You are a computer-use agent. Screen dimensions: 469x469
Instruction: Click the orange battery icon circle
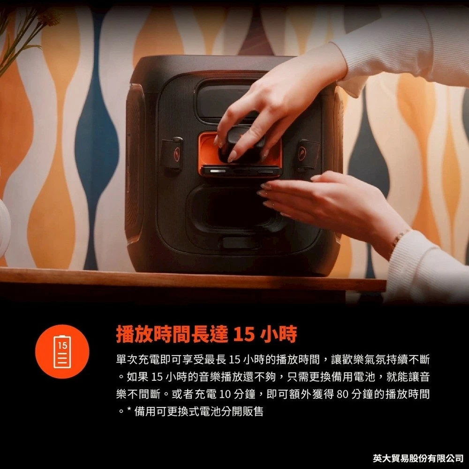pyautogui.click(x=62, y=351)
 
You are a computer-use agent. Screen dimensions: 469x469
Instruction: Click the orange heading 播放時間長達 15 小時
pyautogui.click(x=206, y=334)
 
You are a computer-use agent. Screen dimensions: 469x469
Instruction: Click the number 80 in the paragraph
pyautogui.click(x=341, y=394)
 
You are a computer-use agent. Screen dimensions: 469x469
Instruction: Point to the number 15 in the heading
pyautogui.click(x=243, y=334)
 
